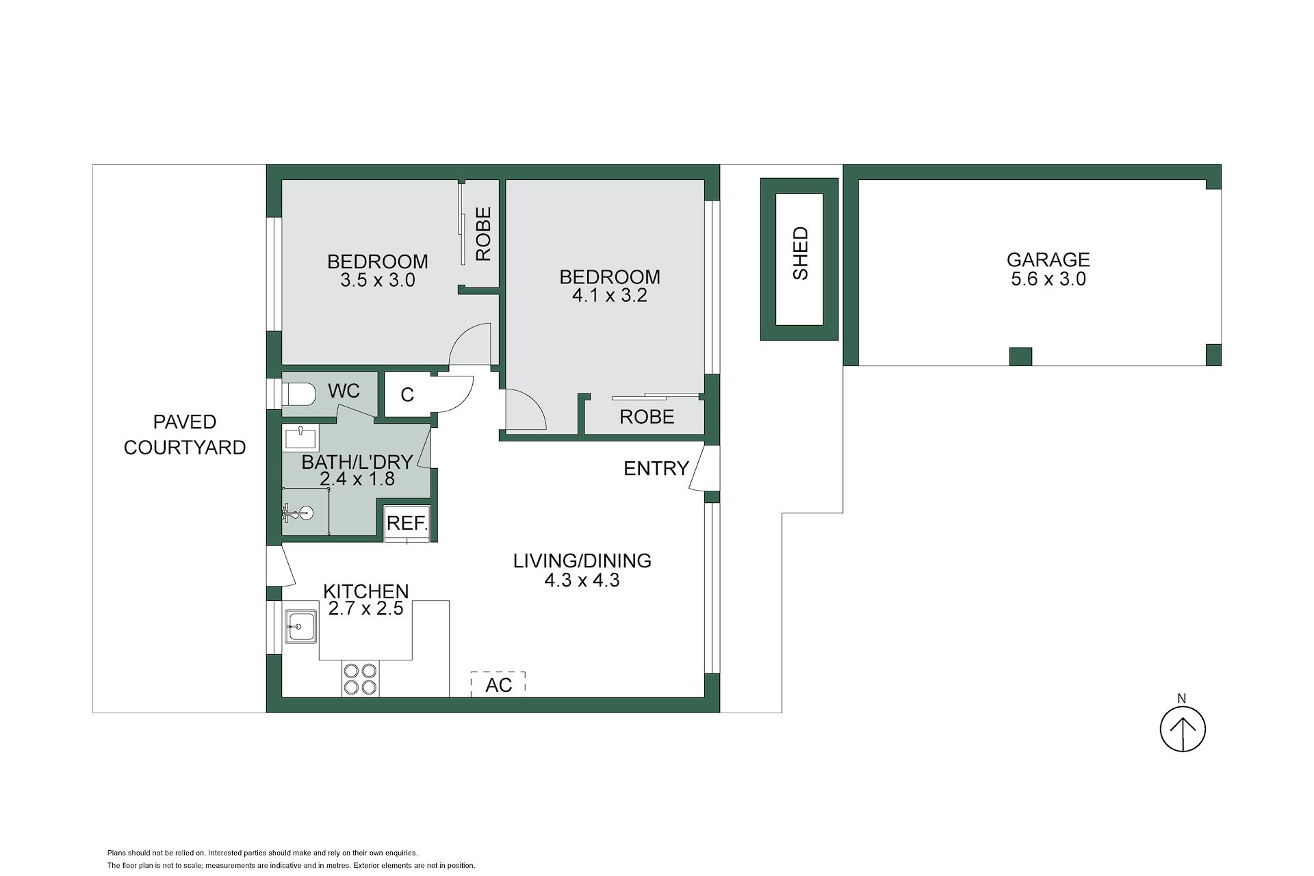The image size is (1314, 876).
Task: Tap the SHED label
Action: (x=800, y=253)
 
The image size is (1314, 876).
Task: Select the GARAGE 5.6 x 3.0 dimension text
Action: (x=1048, y=279)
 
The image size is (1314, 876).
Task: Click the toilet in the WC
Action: (x=298, y=394)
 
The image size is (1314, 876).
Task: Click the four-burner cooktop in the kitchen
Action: (x=360, y=678)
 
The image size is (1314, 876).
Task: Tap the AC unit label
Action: (x=498, y=684)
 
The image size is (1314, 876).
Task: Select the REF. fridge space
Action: (x=407, y=524)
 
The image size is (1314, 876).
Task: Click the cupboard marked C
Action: (x=407, y=394)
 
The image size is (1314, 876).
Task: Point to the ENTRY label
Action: (x=656, y=468)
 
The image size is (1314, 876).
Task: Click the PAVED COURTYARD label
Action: (x=185, y=435)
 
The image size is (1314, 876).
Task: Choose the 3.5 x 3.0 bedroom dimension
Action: (x=378, y=280)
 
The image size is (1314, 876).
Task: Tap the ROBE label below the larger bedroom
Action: (x=647, y=416)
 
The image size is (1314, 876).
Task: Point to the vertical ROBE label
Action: (x=483, y=234)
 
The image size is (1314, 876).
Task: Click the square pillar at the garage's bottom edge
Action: (x=1020, y=357)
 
